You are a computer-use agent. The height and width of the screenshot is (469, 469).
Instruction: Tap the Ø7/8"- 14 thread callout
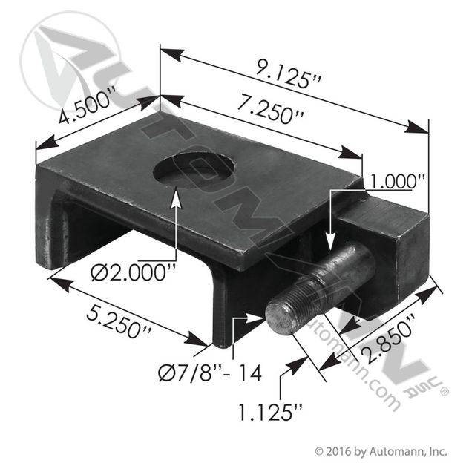click(x=210, y=373)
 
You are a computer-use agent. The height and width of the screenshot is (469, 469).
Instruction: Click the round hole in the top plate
click(x=194, y=171)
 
